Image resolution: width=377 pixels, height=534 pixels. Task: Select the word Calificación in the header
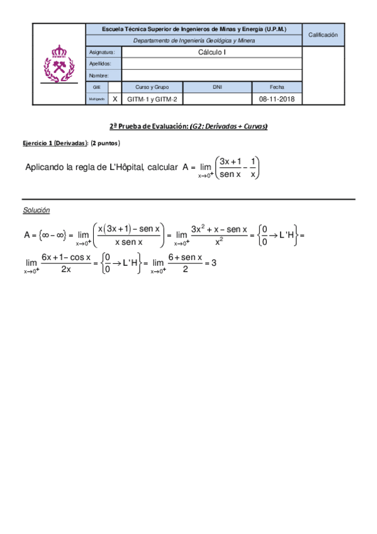323,35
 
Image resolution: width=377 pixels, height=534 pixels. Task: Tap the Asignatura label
100,52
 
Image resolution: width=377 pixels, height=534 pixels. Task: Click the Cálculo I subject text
211,52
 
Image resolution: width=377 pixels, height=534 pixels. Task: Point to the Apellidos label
101,64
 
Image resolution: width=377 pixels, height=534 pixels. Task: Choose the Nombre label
99,76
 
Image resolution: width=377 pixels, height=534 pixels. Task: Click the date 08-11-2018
276,99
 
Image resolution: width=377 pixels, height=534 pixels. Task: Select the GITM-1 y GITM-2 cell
152,99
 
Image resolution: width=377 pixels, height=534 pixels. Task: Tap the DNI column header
217,87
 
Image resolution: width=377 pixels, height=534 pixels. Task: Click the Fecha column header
277,87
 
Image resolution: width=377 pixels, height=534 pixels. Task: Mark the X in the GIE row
115,99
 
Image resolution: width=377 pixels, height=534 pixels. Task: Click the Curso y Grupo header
152,87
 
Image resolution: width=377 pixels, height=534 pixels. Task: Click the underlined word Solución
37,210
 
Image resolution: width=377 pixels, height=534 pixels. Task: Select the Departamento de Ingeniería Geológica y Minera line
194,40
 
